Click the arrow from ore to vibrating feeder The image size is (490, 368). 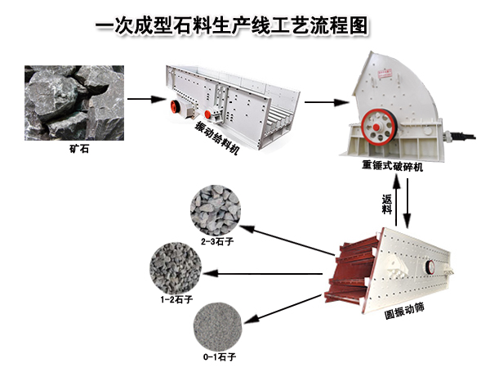point(141,100)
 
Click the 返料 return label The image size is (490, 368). point(386,204)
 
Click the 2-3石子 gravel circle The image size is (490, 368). point(214,209)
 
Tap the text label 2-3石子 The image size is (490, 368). point(215,242)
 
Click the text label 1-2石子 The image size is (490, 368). point(175,299)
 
